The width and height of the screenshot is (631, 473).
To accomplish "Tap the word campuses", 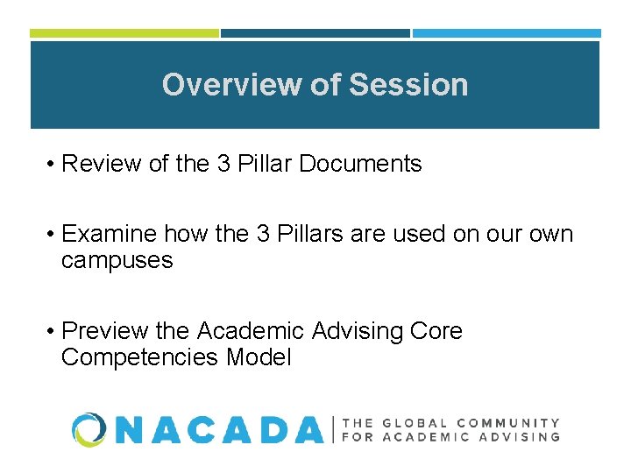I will pos(117,261).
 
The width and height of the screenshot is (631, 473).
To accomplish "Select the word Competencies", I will pos(140,357).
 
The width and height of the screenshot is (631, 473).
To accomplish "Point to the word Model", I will pos(259,357).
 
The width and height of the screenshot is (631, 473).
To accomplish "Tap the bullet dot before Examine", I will pos(53,235).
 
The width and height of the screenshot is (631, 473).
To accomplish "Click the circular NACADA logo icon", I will pos(90,429).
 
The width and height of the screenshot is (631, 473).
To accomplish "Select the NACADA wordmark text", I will pos(219,429).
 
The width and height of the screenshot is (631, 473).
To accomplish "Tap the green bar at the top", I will pos(124,33).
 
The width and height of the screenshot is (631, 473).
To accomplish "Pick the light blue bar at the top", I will pos(507,33).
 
